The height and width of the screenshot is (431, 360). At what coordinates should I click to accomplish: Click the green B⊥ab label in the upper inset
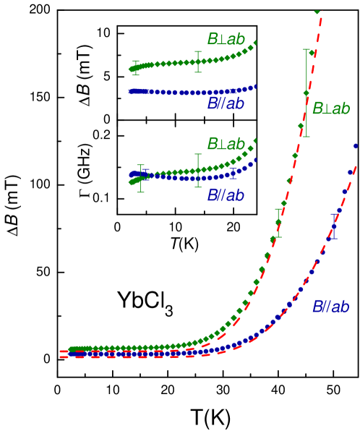226,39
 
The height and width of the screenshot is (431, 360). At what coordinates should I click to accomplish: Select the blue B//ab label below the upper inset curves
226,104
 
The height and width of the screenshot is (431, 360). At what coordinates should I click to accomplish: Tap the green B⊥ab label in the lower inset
226,144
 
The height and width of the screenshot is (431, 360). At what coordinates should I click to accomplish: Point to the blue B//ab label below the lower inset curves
226,195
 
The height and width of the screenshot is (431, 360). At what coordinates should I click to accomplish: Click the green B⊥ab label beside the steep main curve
331,108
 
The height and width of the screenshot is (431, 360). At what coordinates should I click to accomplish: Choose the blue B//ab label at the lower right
331,307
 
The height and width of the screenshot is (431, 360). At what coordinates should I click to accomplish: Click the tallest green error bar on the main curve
307,93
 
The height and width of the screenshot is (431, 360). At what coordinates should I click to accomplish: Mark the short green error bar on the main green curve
278,222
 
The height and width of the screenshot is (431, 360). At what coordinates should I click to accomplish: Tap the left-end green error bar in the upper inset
135,67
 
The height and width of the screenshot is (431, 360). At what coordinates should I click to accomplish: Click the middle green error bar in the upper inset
198,61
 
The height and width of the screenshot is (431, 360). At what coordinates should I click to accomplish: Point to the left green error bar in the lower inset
140,179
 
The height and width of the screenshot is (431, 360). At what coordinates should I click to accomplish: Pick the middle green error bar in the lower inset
198,170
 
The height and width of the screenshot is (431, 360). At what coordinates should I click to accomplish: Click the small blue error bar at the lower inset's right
233,171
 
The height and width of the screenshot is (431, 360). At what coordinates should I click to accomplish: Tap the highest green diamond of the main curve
317,10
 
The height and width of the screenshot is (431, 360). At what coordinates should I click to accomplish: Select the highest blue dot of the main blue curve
356,146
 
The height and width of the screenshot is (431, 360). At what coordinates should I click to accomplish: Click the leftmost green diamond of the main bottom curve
70,349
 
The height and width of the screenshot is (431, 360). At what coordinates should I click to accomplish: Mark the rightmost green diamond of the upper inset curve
255,43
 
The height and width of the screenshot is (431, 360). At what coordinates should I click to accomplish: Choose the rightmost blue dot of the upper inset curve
255,86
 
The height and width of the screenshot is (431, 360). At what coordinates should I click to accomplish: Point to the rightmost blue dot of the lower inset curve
255,159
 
